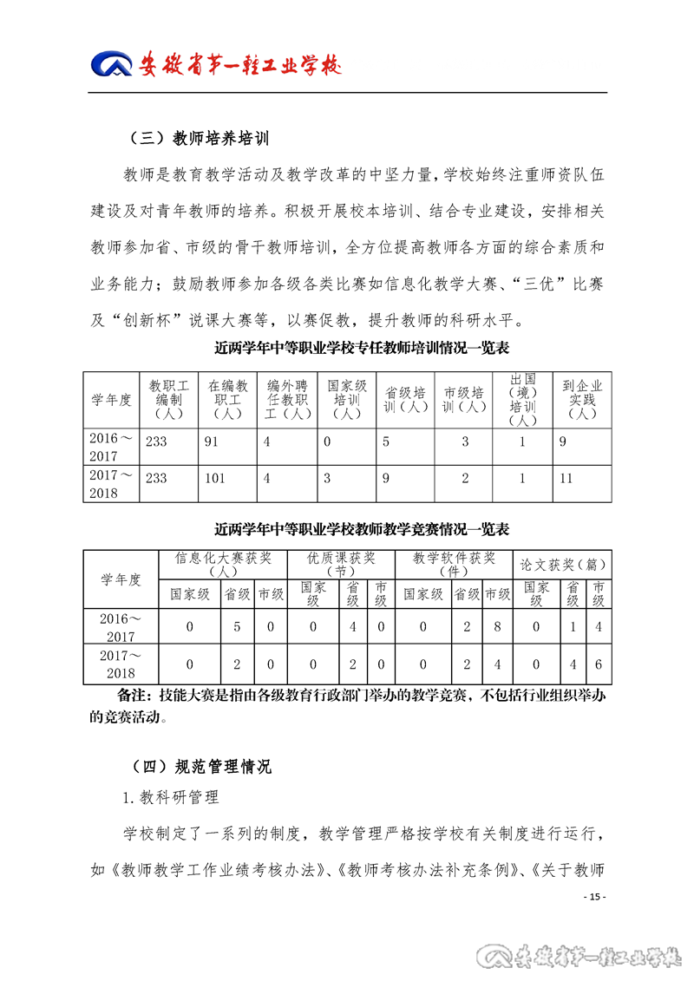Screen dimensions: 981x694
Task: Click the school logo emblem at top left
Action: coord(112,64)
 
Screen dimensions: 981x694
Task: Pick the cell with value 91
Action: coord(214,441)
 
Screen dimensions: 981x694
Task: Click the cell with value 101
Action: coord(216,478)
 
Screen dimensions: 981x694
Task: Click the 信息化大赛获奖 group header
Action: coord(223,564)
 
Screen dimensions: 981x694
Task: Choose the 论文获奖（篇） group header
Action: coord(562,564)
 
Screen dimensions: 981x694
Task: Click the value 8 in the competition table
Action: coord(497,626)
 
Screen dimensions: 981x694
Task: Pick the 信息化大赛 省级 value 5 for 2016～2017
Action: coord(237,626)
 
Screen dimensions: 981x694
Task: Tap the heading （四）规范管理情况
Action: coord(199,765)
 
